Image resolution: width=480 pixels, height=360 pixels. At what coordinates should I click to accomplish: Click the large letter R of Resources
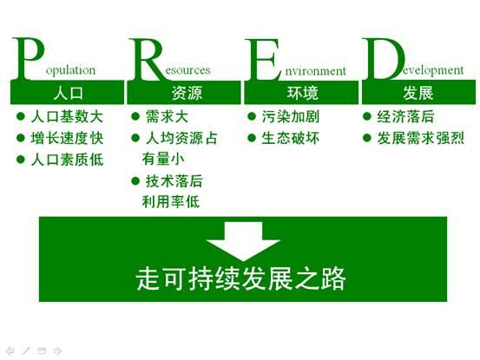click(146, 59)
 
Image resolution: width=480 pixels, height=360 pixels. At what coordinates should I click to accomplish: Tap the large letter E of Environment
click(263, 59)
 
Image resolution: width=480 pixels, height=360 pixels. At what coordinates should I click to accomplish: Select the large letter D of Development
click(384, 59)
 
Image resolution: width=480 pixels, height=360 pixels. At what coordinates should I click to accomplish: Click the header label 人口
click(68, 93)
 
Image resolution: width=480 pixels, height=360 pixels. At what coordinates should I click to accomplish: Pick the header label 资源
click(187, 93)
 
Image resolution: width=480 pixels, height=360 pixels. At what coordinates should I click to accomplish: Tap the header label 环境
click(302, 93)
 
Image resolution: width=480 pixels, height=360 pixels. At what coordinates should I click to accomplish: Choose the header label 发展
click(418, 93)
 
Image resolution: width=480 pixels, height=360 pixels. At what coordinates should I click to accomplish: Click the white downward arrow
click(243, 241)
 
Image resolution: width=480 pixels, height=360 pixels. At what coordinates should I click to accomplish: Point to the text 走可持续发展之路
click(241, 278)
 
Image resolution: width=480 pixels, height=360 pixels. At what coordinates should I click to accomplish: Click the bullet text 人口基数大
click(67, 117)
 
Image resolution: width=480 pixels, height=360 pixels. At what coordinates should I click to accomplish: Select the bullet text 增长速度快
click(67, 138)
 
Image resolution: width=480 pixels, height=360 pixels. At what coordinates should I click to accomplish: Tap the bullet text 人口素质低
click(67, 160)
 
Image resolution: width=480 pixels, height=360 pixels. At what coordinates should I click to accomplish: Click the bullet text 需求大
click(167, 117)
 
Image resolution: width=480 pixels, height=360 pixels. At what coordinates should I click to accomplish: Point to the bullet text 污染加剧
click(290, 117)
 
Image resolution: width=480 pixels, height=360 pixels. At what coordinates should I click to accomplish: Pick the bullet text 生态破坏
click(290, 138)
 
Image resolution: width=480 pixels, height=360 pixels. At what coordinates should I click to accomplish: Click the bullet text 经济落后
click(405, 117)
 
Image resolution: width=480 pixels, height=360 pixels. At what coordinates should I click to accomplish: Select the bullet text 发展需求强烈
click(421, 138)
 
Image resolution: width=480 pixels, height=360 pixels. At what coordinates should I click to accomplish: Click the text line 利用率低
click(171, 202)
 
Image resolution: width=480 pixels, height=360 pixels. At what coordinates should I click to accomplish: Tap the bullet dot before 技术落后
click(135, 181)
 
